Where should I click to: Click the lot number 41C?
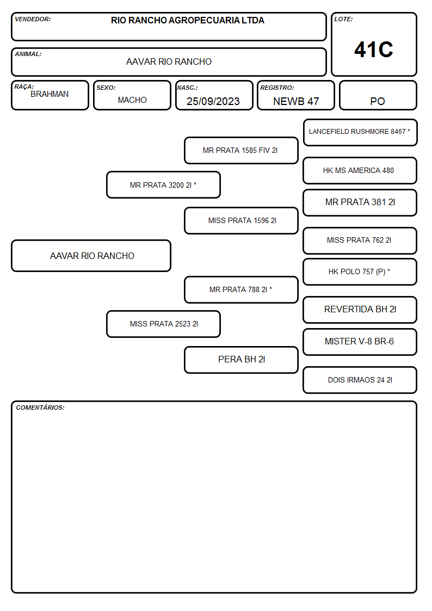[374, 50]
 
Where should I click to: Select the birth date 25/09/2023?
[213, 101]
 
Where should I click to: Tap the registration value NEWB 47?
[296, 101]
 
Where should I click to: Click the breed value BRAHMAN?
[50, 94]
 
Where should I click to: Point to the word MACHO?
[132, 100]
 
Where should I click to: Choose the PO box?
[378, 95]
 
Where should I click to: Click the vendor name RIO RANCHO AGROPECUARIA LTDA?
[187, 20]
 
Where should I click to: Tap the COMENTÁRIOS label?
[40, 408]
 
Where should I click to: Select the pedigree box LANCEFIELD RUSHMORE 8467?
[360, 133]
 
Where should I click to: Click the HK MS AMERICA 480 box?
[360, 171]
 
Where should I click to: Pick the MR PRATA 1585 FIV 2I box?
[241, 150]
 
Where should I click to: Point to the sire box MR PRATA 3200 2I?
[163, 184]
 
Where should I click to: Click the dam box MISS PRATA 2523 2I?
[163, 324]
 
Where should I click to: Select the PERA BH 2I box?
[241, 360]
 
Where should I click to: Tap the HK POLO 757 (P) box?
[360, 271]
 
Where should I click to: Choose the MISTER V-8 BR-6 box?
[360, 342]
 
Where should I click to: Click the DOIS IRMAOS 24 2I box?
[360, 380]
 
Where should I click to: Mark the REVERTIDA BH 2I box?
[360, 310]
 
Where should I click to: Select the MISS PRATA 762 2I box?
[360, 240]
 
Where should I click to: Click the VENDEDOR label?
[33, 19]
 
